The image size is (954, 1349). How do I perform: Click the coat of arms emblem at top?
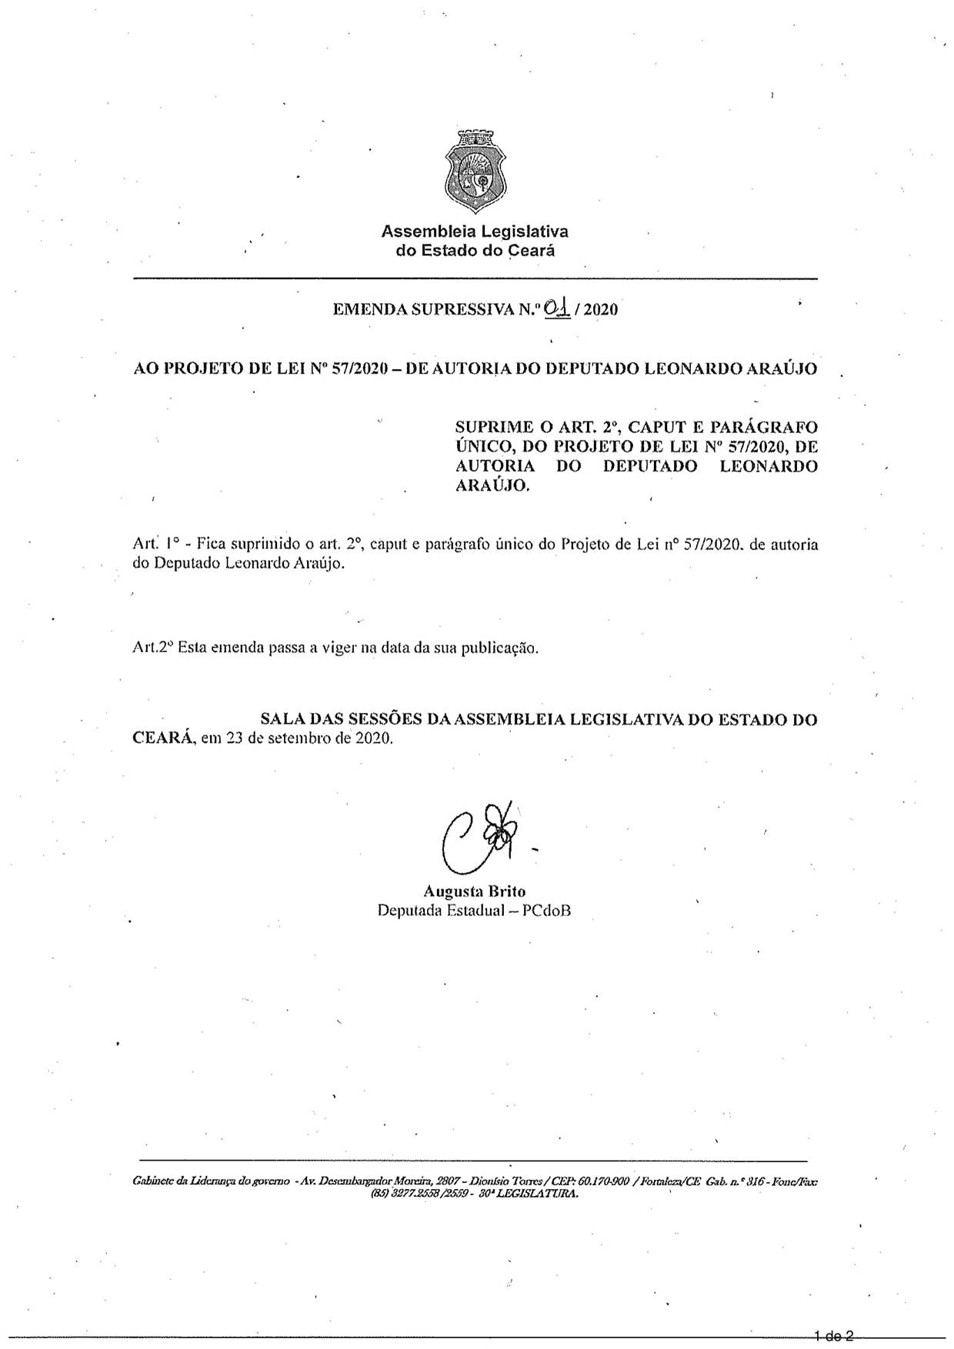click(x=476, y=173)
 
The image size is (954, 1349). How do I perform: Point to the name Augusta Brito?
click(x=474, y=891)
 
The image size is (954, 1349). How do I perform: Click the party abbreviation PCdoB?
click(x=546, y=911)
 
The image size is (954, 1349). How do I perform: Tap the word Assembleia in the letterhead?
click(x=429, y=231)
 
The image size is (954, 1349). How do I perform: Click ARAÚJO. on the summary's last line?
click(x=493, y=486)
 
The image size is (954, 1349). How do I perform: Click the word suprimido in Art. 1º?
click(x=262, y=545)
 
